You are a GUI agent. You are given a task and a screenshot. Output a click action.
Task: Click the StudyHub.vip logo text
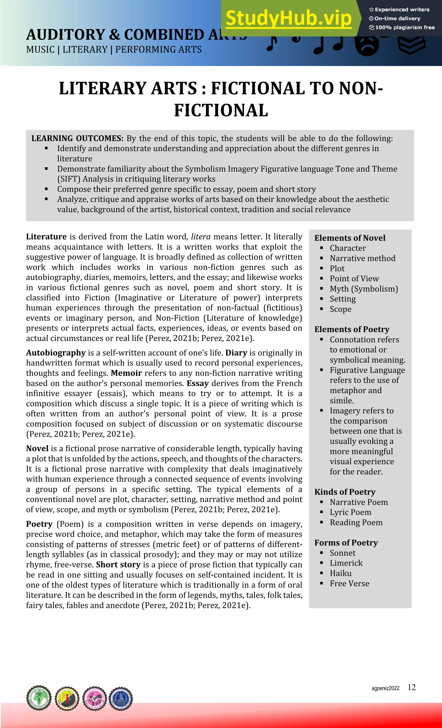(289, 18)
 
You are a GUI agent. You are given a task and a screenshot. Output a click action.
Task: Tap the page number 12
(412, 687)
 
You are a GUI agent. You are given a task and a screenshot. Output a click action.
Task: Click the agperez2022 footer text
(385, 689)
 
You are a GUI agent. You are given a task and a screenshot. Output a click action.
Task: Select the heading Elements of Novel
(350, 238)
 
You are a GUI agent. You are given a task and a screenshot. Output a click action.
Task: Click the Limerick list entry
(346, 563)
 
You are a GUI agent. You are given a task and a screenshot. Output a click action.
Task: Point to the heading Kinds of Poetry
(345, 492)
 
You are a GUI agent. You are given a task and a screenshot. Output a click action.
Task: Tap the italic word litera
(201, 237)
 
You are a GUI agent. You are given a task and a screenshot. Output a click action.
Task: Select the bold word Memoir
(126, 373)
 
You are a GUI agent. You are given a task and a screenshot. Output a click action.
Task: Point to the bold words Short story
(118, 565)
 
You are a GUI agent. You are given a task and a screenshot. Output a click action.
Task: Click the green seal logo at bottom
(39, 698)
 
